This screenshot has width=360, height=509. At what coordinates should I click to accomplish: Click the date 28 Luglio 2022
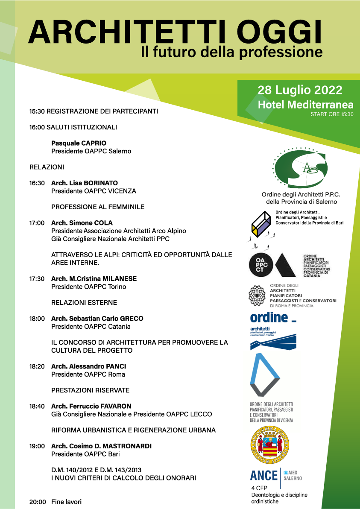click(x=300, y=90)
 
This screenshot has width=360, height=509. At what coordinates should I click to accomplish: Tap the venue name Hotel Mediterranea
click(x=305, y=105)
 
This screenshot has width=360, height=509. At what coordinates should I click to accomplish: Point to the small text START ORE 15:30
click(x=332, y=114)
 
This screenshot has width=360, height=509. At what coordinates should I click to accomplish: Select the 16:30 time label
click(x=37, y=183)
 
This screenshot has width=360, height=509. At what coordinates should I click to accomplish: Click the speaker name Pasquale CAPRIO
click(x=79, y=143)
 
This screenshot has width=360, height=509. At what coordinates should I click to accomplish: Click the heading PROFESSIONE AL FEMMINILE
click(x=98, y=207)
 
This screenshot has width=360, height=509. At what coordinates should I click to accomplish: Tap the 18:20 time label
click(x=37, y=366)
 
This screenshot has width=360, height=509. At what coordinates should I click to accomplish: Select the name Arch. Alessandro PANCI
click(x=88, y=366)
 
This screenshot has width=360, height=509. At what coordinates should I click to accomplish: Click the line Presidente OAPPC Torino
click(x=88, y=287)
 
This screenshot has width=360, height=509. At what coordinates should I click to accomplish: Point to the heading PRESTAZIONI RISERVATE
click(x=90, y=390)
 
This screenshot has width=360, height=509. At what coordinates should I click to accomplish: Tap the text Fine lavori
click(x=66, y=502)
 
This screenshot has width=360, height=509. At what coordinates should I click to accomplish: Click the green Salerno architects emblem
click(x=301, y=167)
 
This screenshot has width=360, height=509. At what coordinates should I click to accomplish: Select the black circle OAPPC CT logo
click(x=261, y=265)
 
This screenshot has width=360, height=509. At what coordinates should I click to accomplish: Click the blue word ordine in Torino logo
click(x=269, y=317)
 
